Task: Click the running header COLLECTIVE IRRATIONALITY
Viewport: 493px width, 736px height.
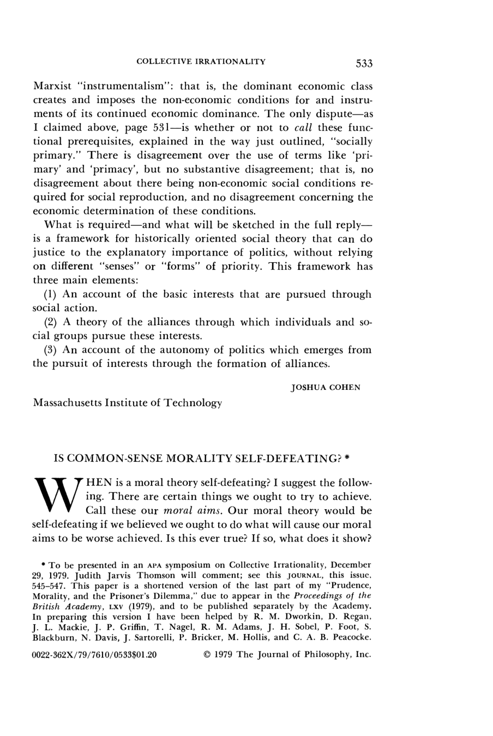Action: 201,61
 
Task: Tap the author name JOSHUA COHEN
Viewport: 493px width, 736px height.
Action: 326,388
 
